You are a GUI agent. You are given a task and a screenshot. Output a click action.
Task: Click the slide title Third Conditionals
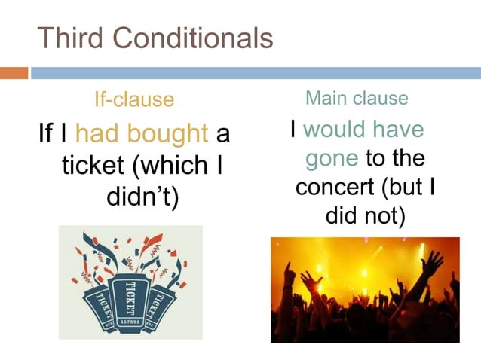tap(155, 38)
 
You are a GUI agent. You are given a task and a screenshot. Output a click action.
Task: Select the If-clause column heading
tap(133, 99)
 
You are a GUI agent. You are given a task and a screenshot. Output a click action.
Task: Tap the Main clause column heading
tap(357, 98)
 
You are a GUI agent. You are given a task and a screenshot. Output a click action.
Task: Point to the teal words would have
tap(363, 130)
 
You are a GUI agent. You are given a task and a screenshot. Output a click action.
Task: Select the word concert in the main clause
tap(336, 187)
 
